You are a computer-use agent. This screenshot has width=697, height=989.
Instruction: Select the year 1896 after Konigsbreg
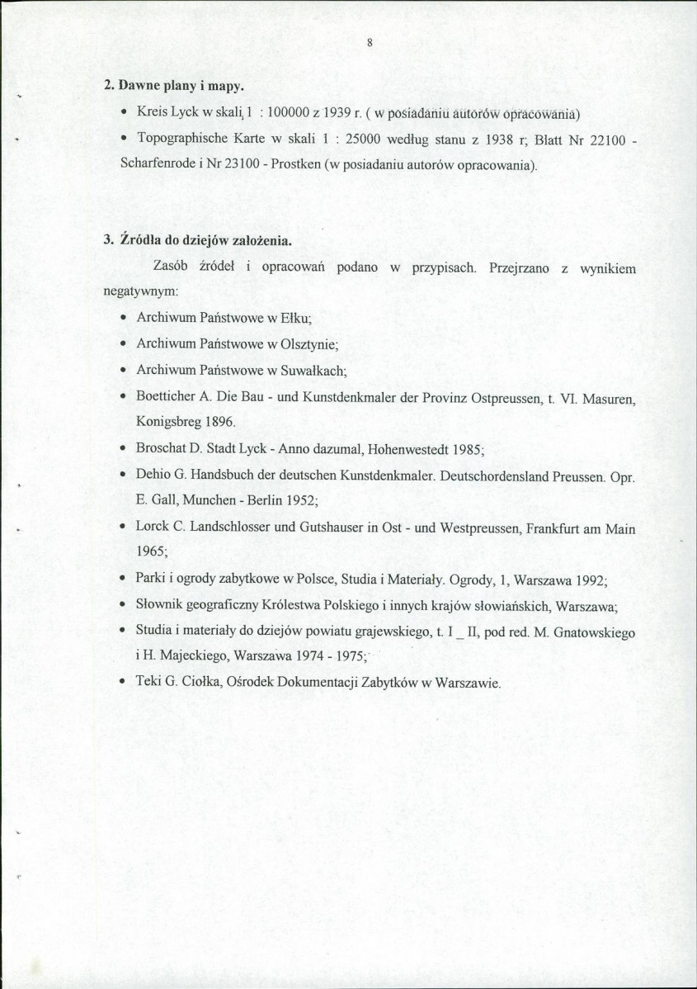point(219,421)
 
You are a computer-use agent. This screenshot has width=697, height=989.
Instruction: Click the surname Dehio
point(153,476)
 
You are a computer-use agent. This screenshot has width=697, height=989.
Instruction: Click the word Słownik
point(158,604)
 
